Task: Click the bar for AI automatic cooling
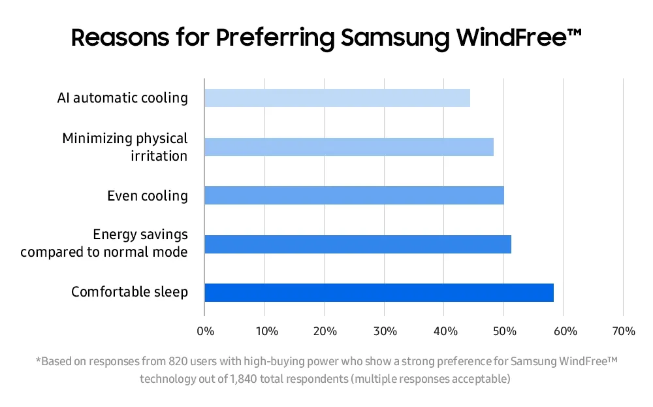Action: click(337, 98)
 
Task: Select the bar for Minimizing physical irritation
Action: click(349, 147)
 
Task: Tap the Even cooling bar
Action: click(354, 195)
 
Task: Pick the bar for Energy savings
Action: click(358, 244)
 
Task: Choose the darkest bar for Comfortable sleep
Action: click(379, 293)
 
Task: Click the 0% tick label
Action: click(205, 331)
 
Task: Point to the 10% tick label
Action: click(266, 331)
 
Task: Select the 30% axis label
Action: click(386, 331)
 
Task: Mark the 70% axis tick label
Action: click(624, 331)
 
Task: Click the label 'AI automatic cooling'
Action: click(122, 98)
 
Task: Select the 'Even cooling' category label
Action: click(147, 195)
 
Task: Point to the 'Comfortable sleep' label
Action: click(129, 292)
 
